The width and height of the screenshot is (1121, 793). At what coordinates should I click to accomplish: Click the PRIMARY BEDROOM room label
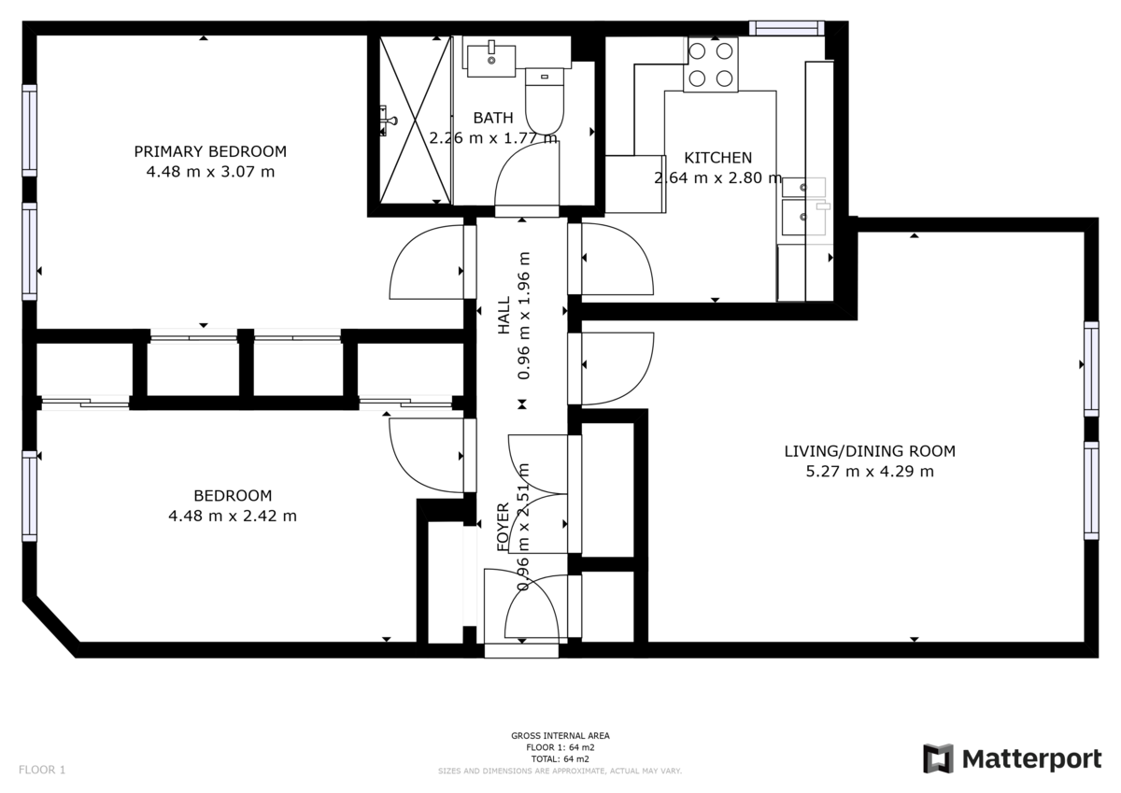pyautogui.click(x=210, y=151)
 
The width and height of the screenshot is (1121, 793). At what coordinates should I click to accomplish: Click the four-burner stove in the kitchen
pyautogui.click(x=711, y=64)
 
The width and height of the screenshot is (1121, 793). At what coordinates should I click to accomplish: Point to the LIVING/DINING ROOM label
pyautogui.click(x=869, y=451)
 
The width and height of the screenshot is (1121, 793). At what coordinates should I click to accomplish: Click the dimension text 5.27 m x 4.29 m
pyautogui.click(x=869, y=472)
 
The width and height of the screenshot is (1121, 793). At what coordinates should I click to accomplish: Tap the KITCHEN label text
pyautogui.click(x=717, y=158)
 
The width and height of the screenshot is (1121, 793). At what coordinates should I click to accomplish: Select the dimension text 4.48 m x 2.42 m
pyautogui.click(x=232, y=516)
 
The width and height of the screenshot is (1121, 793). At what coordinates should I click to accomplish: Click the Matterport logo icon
pyautogui.click(x=938, y=758)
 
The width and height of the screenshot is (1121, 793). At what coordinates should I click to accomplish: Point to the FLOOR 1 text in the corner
pyautogui.click(x=42, y=770)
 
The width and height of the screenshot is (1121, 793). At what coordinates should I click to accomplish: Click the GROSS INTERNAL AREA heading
pyautogui.click(x=560, y=736)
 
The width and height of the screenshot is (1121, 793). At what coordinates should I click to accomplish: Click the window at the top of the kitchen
pyautogui.click(x=786, y=28)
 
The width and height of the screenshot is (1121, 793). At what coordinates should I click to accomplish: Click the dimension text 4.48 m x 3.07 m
pyautogui.click(x=210, y=172)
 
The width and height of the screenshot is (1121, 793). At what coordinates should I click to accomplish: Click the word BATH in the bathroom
pyautogui.click(x=492, y=118)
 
